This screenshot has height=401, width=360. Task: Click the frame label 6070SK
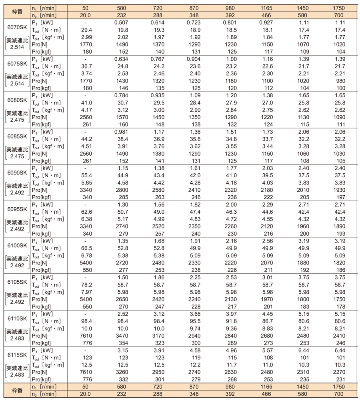pyautogui.click(x=16, y=27)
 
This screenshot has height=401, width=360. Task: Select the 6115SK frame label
pyautogui.click(x=16, y=355)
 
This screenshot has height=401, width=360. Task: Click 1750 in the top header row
pyautogui.click(x=338, y=8)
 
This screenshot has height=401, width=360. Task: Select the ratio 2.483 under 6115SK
pyautogui.click(x=16, y=375)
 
